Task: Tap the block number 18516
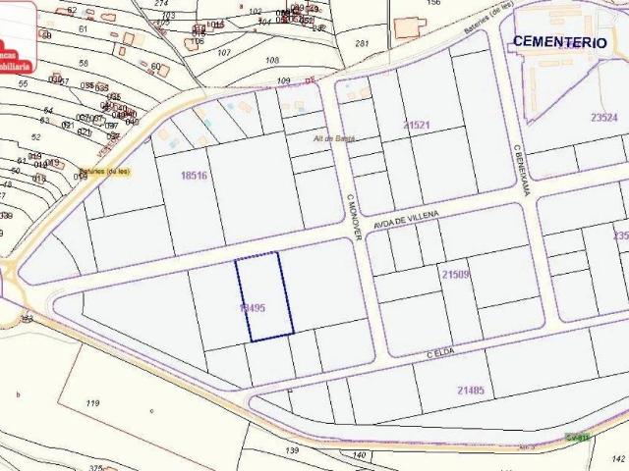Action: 195,176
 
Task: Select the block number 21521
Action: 417,126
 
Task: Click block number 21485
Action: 471,391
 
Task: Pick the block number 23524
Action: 603,118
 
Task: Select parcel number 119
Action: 93,403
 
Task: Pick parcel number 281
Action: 361,43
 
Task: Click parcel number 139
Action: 292,449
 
